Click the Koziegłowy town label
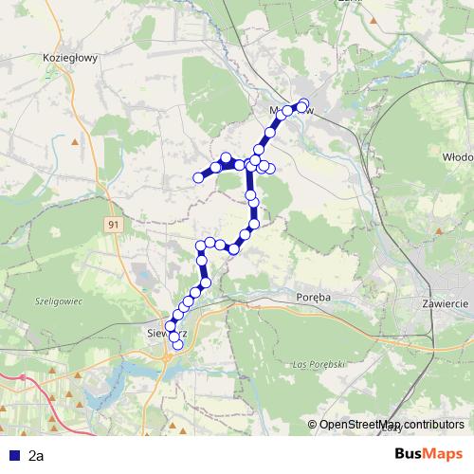tap(71, 57)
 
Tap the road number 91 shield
tap(114, 224)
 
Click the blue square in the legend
tap(12, 456)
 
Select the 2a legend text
tap(36, 456)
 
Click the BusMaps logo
tap(428, 454)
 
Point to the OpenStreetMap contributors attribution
tap(392, 425)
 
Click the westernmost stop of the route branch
tap(199, 176)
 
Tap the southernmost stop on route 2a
tap(176, 345)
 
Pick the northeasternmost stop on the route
tap(304, 104)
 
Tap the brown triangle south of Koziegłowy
tap(74, 142)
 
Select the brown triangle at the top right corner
tap(376, 17)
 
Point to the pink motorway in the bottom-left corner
tap(19, 379)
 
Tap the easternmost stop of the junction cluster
tap(270, 169)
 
